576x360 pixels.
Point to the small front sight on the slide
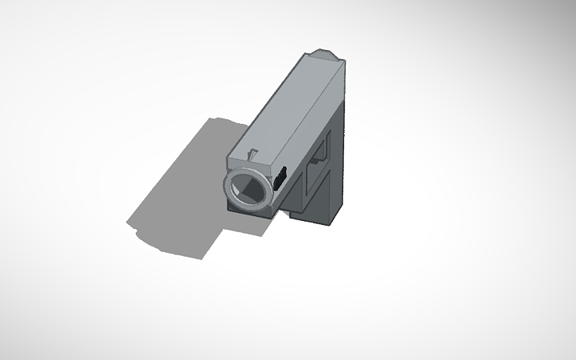tap(253, 153)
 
